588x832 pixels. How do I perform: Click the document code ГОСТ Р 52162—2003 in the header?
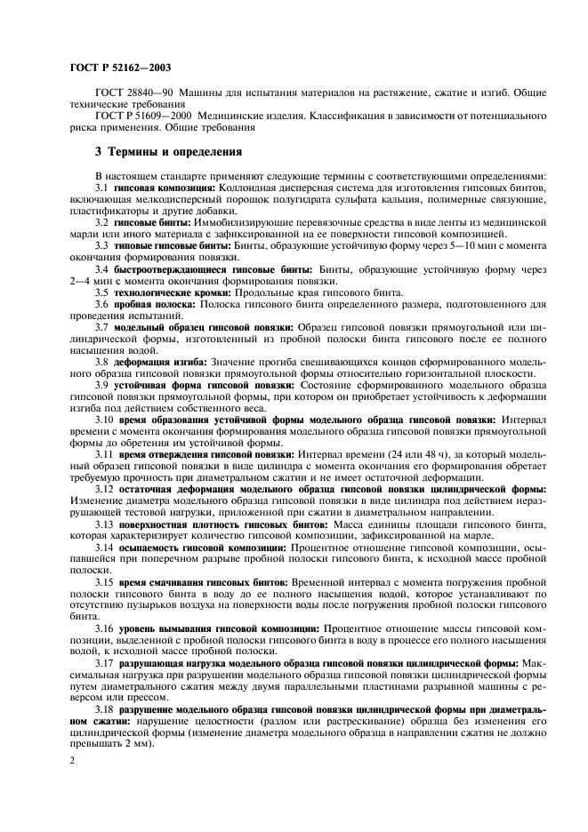click(x=121, y=68)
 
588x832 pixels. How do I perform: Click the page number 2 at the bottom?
click(x=72, y=763)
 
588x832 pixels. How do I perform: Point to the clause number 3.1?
click(x=101, y=189)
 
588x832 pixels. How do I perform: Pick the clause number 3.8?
click(x=101, y=362)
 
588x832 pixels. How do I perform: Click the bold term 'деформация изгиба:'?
click(x=159, y=362)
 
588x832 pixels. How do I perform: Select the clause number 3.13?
click(x=104, y=525)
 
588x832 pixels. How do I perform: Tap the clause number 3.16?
click(x=104, y=628)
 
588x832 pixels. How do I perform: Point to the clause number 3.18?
click(x=104, y=709)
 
